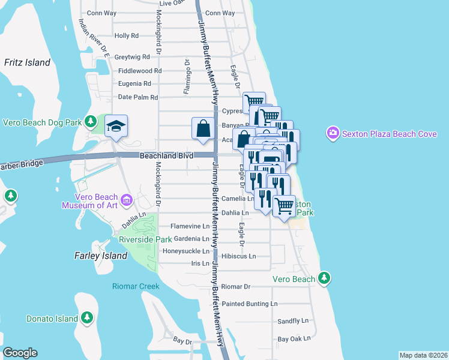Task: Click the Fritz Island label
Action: tap(26, 62)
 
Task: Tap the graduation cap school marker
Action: tap(116, 126)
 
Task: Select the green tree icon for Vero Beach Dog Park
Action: tap(91, 122)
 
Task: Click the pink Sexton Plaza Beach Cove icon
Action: tap(333, 133)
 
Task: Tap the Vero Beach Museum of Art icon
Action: tap(126, 199)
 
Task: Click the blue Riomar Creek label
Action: tap(136, 286)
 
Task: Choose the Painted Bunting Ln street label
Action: tap(250, 304)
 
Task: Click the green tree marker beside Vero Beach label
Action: tap(324, 278)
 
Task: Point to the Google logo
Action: tap(20, 353)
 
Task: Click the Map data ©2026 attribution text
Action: tap(423, 355)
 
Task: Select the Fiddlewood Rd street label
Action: tap(140, 71)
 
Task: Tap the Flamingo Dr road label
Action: tap(187, 77)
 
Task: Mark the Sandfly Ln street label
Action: tap(292, 322)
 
